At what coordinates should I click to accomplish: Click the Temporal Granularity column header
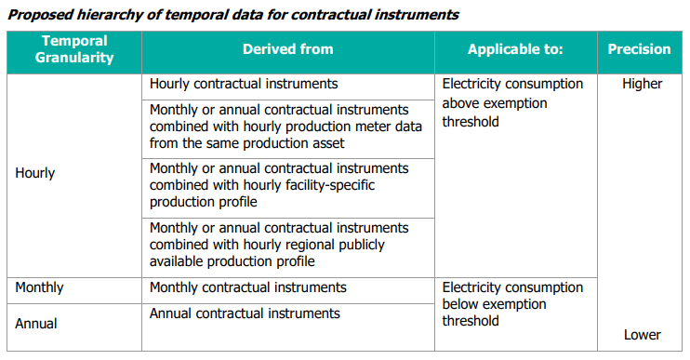74,49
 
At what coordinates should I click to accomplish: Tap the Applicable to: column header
515,49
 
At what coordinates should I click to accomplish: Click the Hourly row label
35,173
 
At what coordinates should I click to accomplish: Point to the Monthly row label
39,287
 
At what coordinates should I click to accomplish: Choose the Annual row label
36,324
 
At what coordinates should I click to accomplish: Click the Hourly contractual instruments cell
244,84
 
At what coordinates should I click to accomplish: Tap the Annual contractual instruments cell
245,313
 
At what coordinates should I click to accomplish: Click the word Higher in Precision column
643,84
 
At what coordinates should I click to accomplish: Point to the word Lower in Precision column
643,335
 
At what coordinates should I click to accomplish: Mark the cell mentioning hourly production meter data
279,127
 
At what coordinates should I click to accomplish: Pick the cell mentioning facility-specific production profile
279,185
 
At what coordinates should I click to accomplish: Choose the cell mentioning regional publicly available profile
279,244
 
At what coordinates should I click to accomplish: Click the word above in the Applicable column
461,102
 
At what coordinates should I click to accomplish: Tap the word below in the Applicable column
462,304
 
